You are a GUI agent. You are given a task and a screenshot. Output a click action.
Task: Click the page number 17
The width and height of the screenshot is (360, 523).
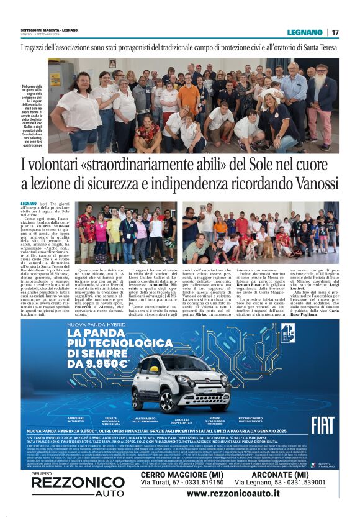click(336, 32)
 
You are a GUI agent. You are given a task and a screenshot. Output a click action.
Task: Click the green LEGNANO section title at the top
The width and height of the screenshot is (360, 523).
click(305, 32)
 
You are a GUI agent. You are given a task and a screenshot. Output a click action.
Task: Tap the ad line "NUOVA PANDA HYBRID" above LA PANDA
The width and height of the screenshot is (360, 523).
click(92, 325)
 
